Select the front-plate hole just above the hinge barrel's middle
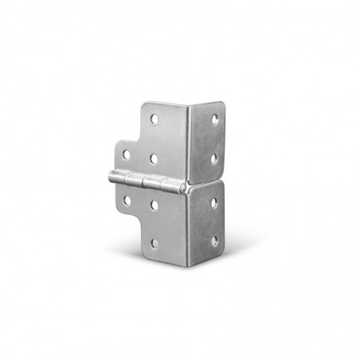coord(154,158)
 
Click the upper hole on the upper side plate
coord(214,119)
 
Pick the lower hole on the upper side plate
coord(214,158)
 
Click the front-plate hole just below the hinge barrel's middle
coord(154,205)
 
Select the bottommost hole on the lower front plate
coord(154,242)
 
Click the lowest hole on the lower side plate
coord(214,241)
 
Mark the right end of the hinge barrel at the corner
coord(184,189)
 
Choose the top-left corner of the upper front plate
coord(143,103)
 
